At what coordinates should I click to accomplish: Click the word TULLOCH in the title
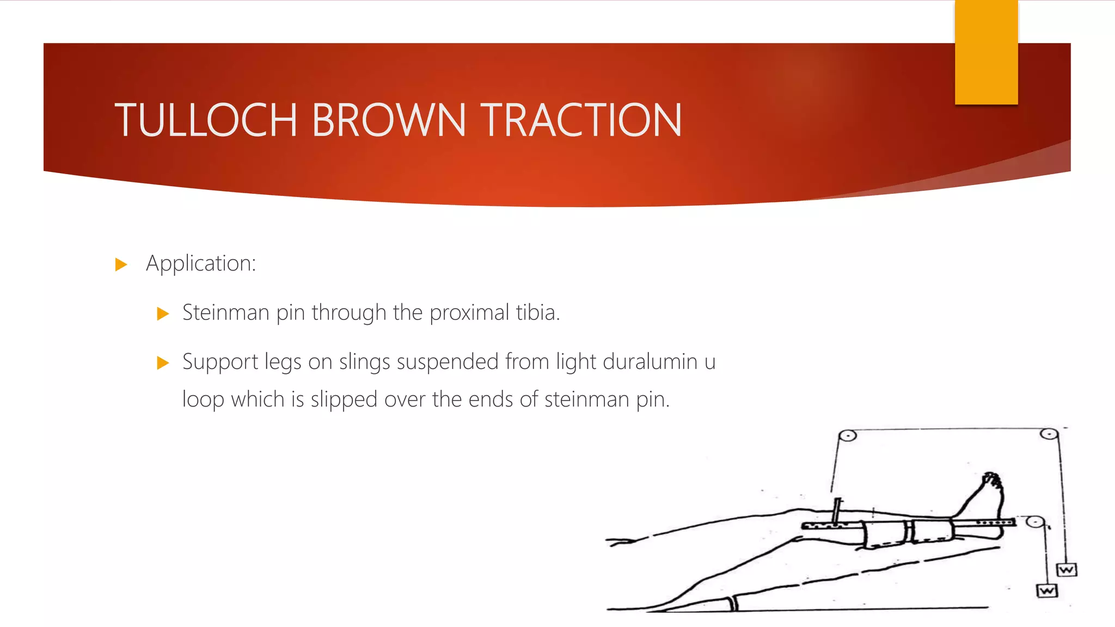coord(206,120)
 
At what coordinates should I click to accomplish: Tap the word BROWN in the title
coord(389,120)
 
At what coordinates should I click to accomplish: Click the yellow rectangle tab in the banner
coord(986,52)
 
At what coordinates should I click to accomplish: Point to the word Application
coord(200,264)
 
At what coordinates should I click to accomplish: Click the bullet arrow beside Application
coord(121,265)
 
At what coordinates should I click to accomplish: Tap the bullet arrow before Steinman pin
coord(163,313)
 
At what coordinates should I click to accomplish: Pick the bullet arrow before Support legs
coord(163,362)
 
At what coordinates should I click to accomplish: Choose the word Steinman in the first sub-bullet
coord(225,313)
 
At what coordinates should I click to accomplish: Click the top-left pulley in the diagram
coord(848,435)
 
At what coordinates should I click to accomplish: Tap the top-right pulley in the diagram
coord(1049,434)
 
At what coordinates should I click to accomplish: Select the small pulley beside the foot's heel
coord(1034,522)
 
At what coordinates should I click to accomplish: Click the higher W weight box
coord(1067,570)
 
